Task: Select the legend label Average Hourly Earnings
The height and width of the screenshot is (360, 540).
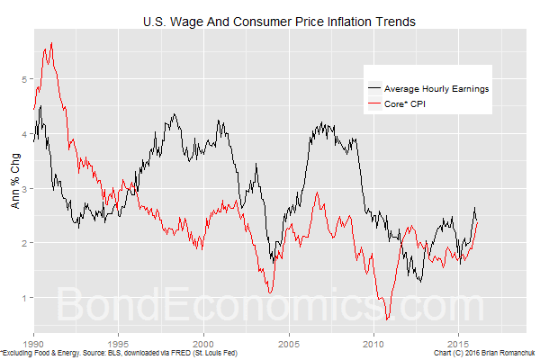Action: coord(436,89)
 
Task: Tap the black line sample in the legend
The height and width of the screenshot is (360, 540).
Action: coord(373,89)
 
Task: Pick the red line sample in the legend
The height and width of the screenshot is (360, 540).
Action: coord(373,106)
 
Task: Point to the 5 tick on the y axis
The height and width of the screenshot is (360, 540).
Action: coord(25,79)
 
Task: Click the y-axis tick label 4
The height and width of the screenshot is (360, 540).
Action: coord(25,134)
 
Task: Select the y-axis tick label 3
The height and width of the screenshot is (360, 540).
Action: coord(25,189)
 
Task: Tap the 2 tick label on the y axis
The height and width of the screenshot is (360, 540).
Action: coord(25,243)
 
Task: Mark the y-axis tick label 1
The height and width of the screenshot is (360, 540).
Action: coord(25,298)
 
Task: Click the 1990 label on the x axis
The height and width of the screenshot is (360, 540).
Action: coord(34,343)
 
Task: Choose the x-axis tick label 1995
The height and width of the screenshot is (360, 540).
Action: coord(119,343)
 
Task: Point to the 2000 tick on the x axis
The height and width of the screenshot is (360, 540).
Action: coord(204,343)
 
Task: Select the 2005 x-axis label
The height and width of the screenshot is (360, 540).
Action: coord(289,343)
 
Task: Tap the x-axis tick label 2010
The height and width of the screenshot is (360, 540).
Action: coord(373,343)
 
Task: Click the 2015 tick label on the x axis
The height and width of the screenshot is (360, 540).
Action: coord(459,343)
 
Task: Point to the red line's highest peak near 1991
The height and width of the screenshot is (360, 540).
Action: coord(51,43)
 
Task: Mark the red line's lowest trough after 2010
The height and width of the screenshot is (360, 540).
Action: coord(387,319)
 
